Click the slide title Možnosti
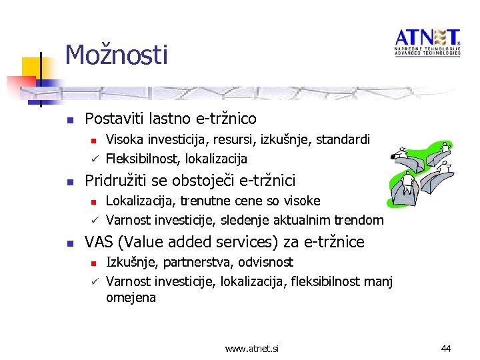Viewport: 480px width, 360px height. click(x=116, y=54)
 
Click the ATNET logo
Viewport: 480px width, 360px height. click(x=427, y=42)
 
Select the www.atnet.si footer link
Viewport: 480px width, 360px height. click(x=252, y=348)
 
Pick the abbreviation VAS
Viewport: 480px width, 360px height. click(x=98, y=242)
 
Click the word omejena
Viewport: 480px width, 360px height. click(x=131, y=298)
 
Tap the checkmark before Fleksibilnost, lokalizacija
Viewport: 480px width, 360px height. click(x=95, y=159)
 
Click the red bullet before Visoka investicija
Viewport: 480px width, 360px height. click(x=95, y=141)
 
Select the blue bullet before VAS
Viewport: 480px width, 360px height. click(x=69, y=243)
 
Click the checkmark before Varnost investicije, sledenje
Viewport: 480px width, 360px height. click(x=95, y=220)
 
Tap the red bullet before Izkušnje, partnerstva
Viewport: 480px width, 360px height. click(x=95, y=263)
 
